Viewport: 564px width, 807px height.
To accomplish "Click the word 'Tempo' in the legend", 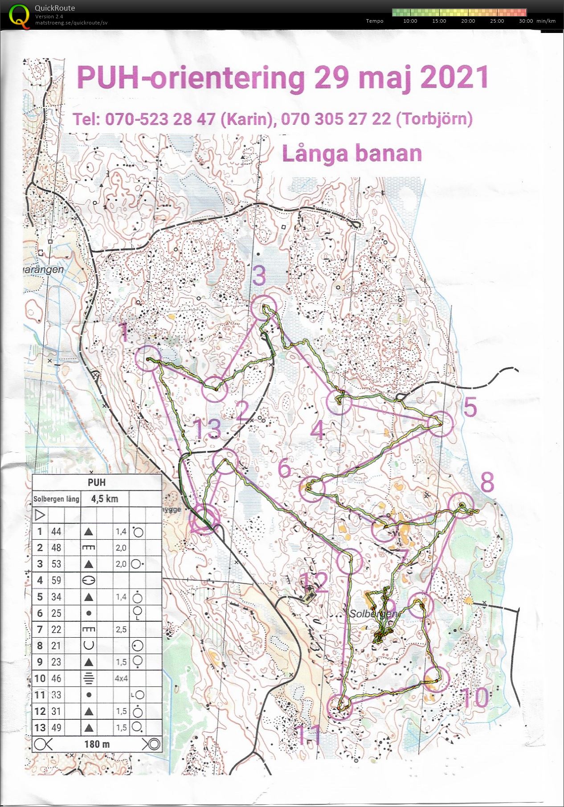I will [x=375, y=21].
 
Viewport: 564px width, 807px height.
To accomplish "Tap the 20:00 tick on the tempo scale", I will [x=468, y=21].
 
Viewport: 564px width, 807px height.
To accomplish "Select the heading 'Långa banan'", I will [x=352, y=153].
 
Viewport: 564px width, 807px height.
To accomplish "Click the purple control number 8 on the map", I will [x=487, y=482].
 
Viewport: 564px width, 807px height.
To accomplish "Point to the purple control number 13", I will [x=208, y=429].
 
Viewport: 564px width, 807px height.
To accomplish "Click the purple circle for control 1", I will [x=147, y=359].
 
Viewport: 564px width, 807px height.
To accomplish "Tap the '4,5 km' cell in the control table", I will [x=104, y=499].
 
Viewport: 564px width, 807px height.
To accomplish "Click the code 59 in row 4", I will [x=56, y=580].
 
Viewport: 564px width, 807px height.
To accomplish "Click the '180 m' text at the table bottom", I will [x=97, y=744].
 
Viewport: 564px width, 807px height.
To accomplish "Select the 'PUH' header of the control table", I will [x=97, y=482].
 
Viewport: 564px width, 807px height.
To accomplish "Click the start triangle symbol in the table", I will [x=40, y=515].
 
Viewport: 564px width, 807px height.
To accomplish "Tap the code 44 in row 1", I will [x=56, y=531].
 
